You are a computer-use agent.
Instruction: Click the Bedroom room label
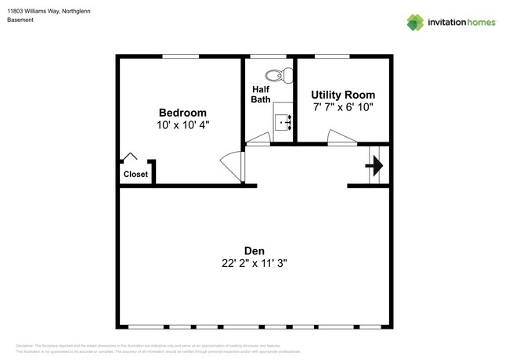pyautogui.click(x=182, y=113)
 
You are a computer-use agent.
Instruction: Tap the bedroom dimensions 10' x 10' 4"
pyautogui.click(x=182, y=124)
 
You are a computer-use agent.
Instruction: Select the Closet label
pyautogui.click(x=135, y=174)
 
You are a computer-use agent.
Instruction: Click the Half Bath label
pyautogui.click(x=260, y=94)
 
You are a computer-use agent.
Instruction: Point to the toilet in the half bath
pyautogui.click(x=274, y=76)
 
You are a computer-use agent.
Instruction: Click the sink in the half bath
pyautogui.click(x=283, y=121)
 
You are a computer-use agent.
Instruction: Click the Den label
pyautogui.click(x=254, y=251)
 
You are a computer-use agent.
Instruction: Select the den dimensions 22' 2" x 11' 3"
pyautogui.click(x=254, y=264)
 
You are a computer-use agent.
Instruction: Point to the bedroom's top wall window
pyautogui.click(x=180, y=56)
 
